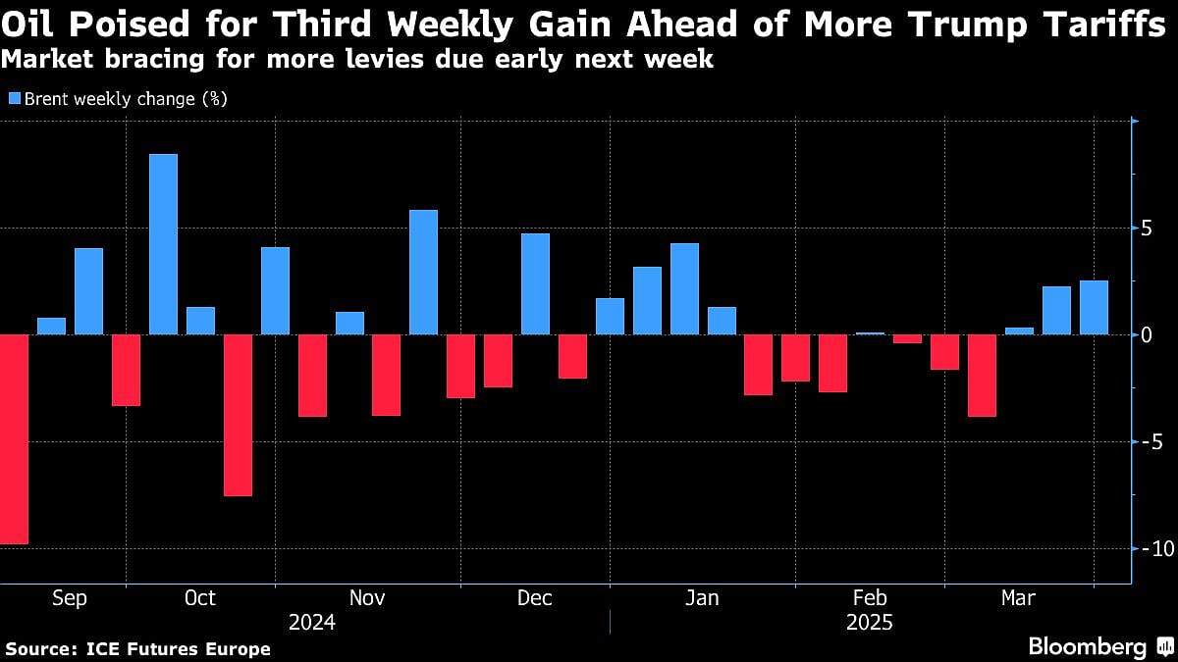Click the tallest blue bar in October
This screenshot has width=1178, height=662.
[x=163, y=244]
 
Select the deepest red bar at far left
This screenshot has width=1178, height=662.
[x=14, y=439]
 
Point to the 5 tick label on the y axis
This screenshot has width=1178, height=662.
[x=1145, y=229]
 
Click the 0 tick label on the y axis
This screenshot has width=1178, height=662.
[x=1145, y=335]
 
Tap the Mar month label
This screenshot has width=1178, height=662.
[x=1018, y=598]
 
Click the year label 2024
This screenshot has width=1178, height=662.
[x=312, y=623]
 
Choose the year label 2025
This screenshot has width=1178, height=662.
[x=869, y=623]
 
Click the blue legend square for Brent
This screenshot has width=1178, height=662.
[x=15, y=98]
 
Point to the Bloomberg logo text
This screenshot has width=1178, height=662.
[x=1087, y=647]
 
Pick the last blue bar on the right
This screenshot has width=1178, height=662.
[x=1094, y=308]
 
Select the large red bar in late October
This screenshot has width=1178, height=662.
[x=238, y=415]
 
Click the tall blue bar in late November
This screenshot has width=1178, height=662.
[x=423, y=273]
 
